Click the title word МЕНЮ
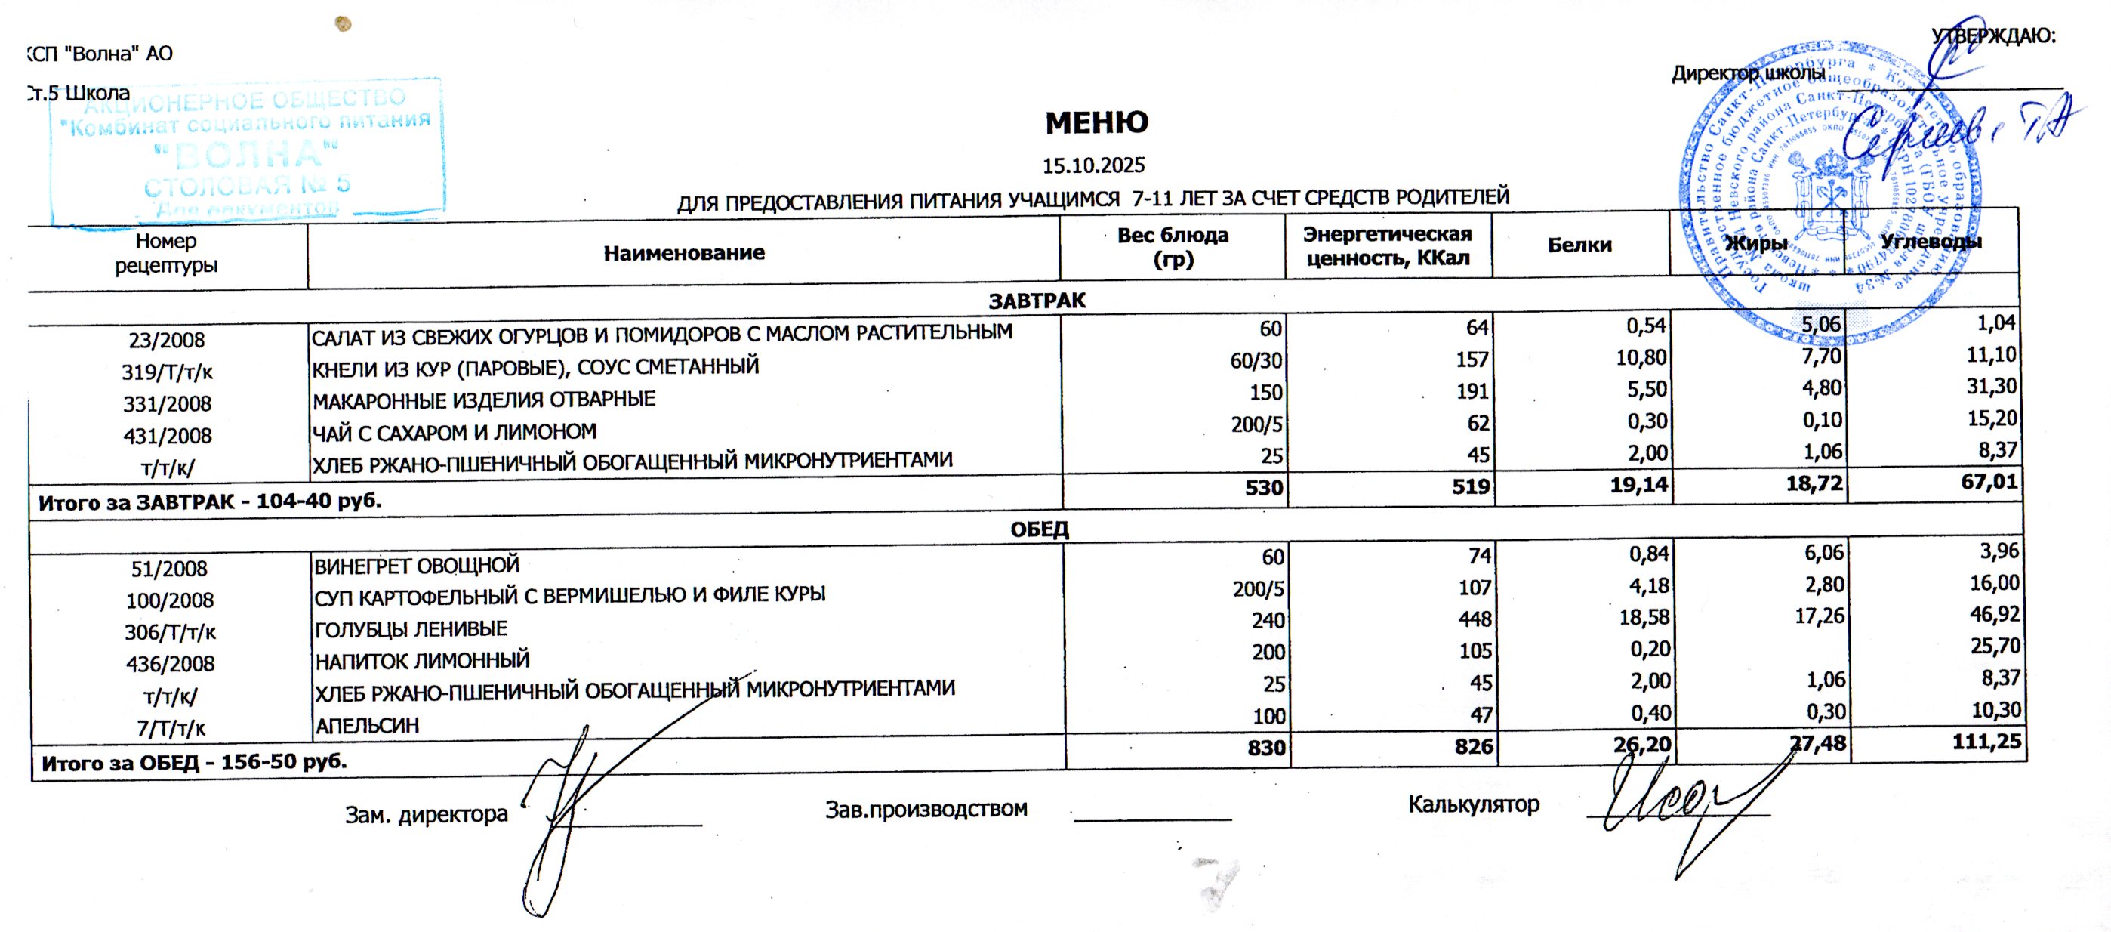(1096, 123)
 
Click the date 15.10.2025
(1093, 165)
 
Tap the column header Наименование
(683, 252)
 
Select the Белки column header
(1579, 244)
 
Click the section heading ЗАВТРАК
(1037, 301)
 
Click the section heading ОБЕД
(1039, 529)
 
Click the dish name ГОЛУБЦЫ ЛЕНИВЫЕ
(411, 628)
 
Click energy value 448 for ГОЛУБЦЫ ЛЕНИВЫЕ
(1475, 619)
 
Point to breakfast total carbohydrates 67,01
(1989, 481)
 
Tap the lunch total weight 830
(1266, 747)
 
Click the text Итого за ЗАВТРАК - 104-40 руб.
(210, 501)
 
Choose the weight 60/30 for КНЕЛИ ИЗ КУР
(1256, 361)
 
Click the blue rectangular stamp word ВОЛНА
(246, 153)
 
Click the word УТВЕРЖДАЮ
(1993, 36)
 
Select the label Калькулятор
(1474, 804)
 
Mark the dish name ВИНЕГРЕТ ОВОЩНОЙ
(416, 566)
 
